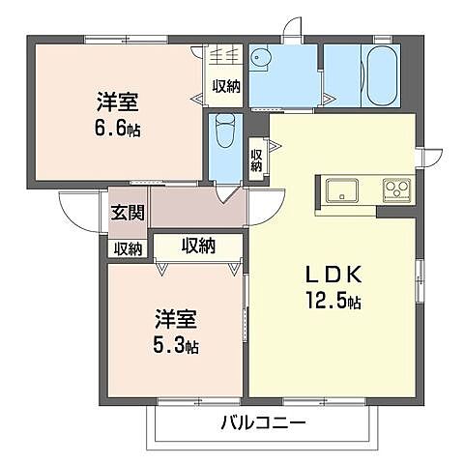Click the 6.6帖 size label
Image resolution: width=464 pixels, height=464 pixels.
[117, 130]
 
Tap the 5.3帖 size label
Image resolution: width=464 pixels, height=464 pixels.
[175, 345]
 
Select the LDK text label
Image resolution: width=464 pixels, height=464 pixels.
[333, 275]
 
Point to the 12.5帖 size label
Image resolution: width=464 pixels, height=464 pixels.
[333, 302]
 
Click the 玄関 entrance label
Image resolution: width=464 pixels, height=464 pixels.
[128, 212]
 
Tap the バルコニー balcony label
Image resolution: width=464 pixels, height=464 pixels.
[263, 422]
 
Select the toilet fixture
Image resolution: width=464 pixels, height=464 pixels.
[225, 130]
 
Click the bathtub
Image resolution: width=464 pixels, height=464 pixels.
[382, 75]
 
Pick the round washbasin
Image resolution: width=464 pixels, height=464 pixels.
[261, 58]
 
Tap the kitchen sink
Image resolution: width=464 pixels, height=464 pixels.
[342, 189]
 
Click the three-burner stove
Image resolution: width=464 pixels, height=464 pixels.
[397, 190]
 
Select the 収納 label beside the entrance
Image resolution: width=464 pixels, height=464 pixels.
[129, 248]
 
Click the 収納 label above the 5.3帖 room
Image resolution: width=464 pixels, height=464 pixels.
[198, 246]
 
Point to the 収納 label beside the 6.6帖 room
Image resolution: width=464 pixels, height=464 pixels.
[226, 86]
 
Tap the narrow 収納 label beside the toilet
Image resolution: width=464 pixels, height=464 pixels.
[256, 160]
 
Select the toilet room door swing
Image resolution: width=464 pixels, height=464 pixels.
[228, 194]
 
